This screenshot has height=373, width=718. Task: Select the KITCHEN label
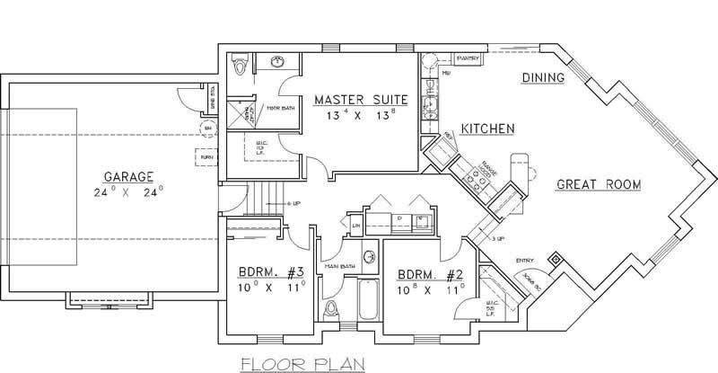486,129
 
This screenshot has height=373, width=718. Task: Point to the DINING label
542,78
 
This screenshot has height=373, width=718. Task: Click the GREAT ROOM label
598,184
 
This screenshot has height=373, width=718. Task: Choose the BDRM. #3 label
271,273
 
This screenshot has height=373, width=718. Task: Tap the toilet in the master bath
238,67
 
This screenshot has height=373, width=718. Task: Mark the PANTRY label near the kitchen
468,59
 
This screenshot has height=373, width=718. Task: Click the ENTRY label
524,261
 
